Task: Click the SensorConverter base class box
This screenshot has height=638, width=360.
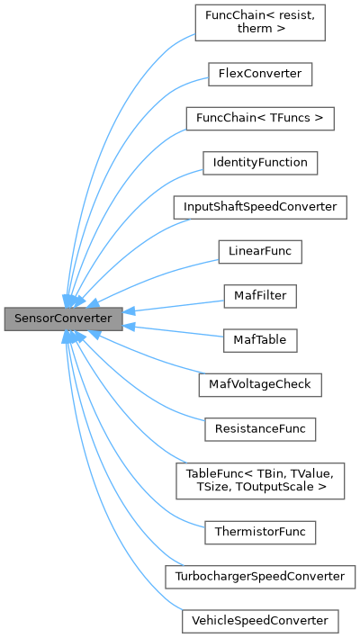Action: click(63, 319)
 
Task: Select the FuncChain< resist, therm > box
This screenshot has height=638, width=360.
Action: click(259, 22)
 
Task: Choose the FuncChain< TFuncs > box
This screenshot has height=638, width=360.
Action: click(259, 118)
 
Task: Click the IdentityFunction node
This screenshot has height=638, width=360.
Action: click(259, 163)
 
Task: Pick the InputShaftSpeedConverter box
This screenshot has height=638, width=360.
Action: click(259, 207)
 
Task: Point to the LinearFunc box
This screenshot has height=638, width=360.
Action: click(259, 251)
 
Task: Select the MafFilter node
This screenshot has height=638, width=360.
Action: click(259, 295)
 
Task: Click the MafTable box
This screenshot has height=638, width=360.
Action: click(259, 340)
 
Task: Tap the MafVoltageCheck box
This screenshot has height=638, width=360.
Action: click(259, 384)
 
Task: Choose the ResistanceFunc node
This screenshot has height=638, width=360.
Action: click(259, 428)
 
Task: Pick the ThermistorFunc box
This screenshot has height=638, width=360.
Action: click(259, 532)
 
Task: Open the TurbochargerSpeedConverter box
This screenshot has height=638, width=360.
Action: click(259, 576)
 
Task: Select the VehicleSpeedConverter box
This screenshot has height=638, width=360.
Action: click(259, 621)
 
